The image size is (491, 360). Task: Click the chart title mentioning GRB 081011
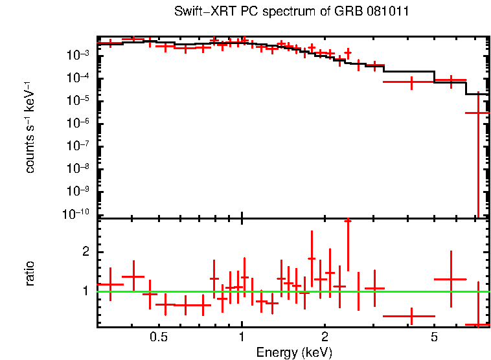(x=291, y=12)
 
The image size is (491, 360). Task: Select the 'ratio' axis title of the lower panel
(x=30, y=273)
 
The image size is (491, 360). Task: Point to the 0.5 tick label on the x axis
(x=159, y=337)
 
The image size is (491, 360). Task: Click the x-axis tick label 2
(x=325, y=337)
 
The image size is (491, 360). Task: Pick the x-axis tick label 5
(x=434, y=337)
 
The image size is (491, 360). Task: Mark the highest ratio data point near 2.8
(x=348, y=221)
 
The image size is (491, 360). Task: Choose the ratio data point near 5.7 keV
(x=450, y=279)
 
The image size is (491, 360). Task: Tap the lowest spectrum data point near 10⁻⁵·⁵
(x=477, y=113)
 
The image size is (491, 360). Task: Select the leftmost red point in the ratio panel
(x=110, y=284)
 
